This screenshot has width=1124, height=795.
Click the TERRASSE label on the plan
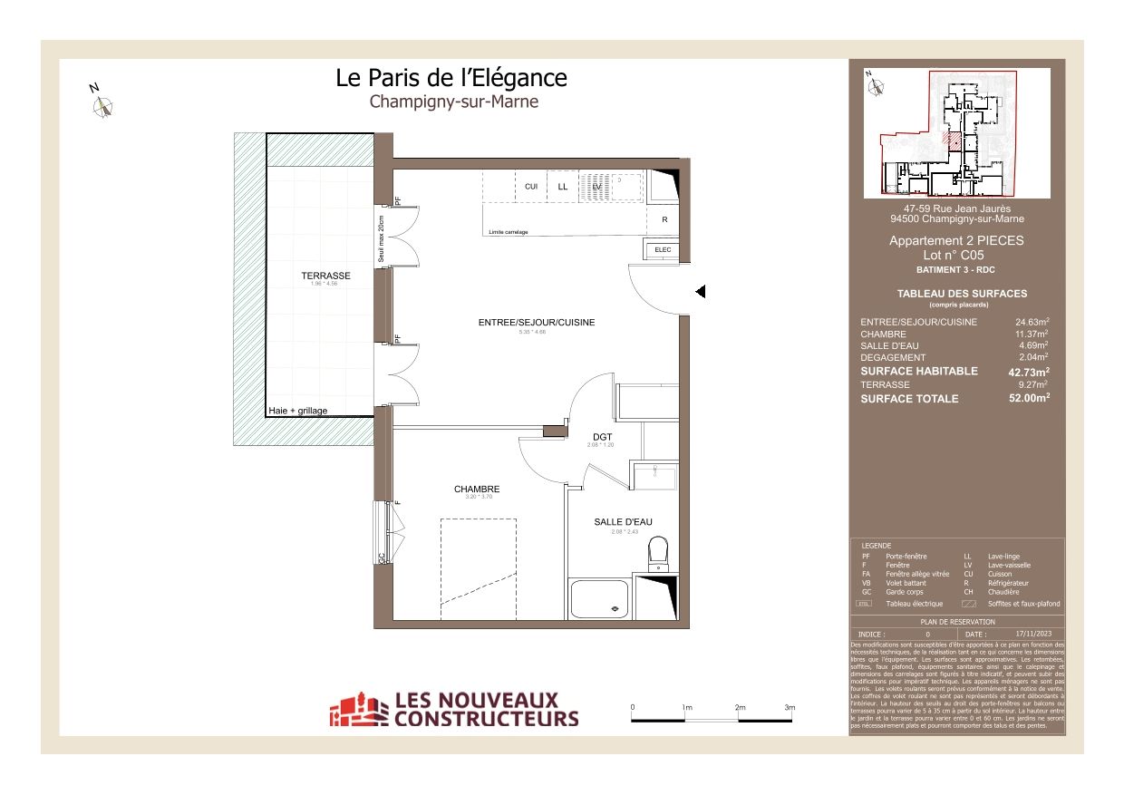(x=325, y=276)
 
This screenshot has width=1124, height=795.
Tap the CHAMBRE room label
(x=477, y=490)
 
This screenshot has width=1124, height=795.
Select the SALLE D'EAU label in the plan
(x=623, y=522)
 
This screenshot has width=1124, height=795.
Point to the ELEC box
(x=662, y=249)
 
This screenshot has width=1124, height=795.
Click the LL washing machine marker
(x=563, y=187)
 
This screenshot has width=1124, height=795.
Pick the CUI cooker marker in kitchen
(x=531, y=187)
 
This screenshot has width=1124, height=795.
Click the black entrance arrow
(x=700, y=291)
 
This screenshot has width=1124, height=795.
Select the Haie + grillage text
(x=298, y=411)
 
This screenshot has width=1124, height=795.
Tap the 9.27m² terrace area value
(x=1032, y=384)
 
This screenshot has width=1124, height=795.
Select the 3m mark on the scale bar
(x=790, y=706)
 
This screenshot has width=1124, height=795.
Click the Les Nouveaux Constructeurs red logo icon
(x=356, y=709)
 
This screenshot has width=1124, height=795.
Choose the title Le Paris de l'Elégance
(x=451, y=78)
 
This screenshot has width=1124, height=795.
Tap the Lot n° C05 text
(x=956, y=256)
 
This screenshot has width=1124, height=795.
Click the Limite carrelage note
(x=509, y=233)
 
